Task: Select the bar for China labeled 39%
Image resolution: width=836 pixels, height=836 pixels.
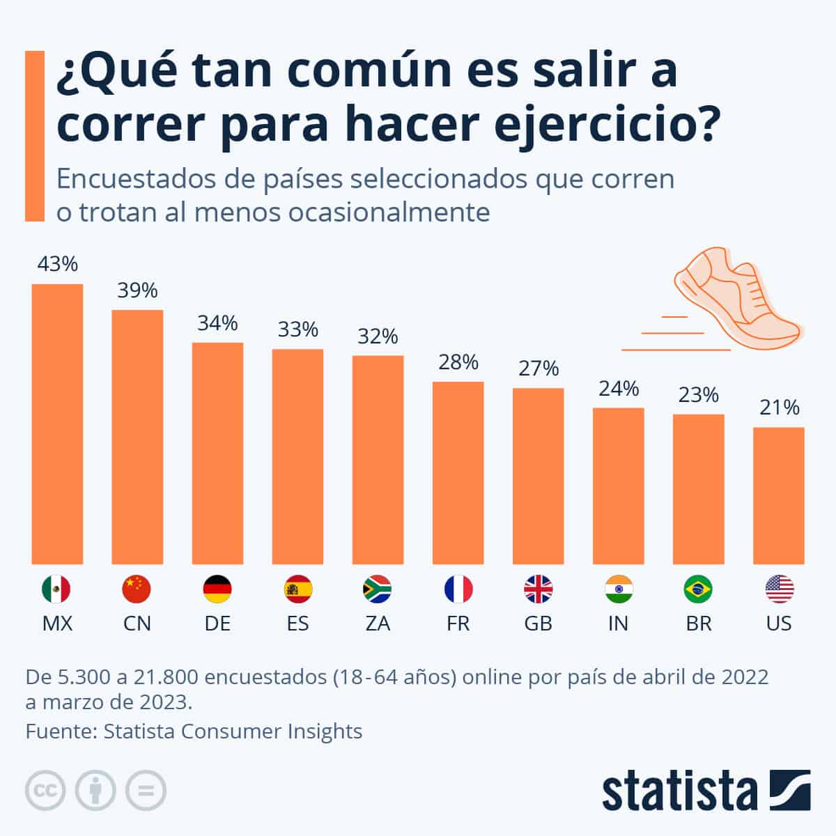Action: pyautogui.click(x=137, y=437)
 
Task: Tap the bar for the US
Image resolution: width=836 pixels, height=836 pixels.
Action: pyautogui.click(x=778, y=495)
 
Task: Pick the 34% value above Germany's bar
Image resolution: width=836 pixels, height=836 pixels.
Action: pyautogui.click(x=217, y=323)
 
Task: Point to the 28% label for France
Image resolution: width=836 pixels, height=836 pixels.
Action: pyautogui.click(x=458, y=362)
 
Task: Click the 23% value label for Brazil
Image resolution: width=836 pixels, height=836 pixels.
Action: pyautogui.click(x=698, y=395)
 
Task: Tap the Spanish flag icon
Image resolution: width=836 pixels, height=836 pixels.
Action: pyautogui.click(x=297, y=589)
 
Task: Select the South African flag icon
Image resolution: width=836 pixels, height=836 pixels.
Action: pyautogui.click(x=378, y=589)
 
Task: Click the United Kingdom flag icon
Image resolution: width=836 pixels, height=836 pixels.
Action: pyautogui.click(x=538, y=589)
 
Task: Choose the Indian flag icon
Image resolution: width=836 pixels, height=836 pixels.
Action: pyautogui.click(x=618, y=589)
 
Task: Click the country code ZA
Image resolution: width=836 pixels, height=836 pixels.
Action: pyautogui.click(x=378, y=623)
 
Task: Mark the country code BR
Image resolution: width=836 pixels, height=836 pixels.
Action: pyautogui.click(x=698, y=623)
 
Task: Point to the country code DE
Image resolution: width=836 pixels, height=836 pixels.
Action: pyautogui.click(x=217, y=623)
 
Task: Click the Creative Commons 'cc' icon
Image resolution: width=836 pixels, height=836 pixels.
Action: pyautogui.click(x=45, y=791)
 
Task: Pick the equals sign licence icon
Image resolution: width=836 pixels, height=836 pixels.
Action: pyautogui.click(x=146, y=791)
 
